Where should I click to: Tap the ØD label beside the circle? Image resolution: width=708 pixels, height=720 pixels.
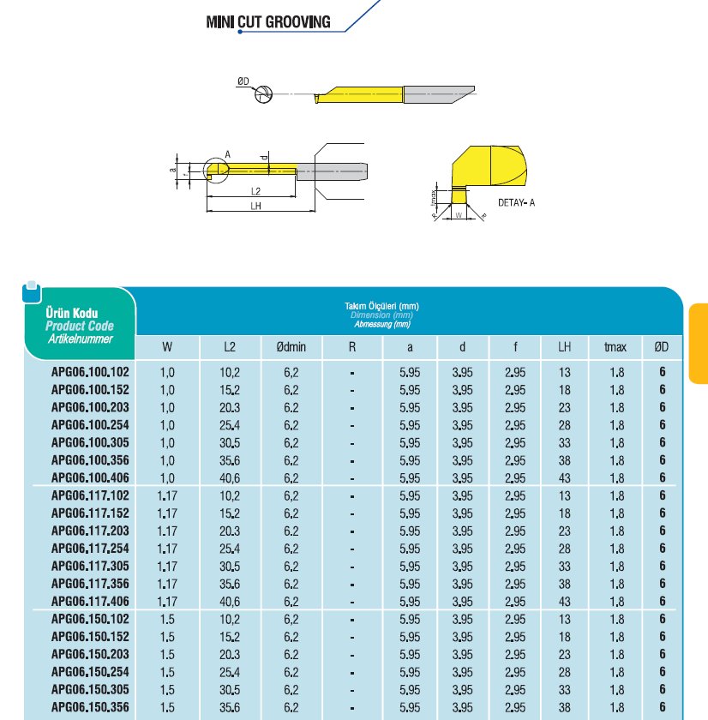click(x=243, y=81)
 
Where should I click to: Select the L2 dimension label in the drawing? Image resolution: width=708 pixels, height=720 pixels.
click(x=255, y=190)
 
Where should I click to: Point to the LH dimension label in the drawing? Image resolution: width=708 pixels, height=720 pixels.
click(x=255, y=206)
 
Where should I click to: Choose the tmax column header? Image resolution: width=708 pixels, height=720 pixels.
click(x=615, y=347)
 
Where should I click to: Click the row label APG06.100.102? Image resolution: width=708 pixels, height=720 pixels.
click(x=90, y=372)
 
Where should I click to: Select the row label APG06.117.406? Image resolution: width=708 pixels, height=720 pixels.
click(x=90, y=602)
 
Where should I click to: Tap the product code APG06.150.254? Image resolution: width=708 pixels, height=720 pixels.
click(x=90, y=672)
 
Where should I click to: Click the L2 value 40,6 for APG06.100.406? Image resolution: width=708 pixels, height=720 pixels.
click(x=230, y=478)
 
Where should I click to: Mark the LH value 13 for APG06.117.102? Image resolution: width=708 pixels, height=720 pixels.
click(x=565, y=495)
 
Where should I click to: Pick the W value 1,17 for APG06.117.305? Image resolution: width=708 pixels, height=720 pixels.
click(x=167, y=567)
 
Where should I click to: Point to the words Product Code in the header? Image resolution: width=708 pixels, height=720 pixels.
click(x=80, y=327)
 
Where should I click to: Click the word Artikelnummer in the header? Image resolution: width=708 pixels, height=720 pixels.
click(x=80, y=339)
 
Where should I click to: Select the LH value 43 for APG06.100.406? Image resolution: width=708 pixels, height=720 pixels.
click(x=565, y=478)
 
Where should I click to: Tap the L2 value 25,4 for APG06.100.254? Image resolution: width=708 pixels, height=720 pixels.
click(x=230, y=425)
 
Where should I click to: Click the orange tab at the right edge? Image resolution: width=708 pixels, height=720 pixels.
click(x=699, y=343)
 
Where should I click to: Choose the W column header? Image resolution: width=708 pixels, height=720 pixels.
click(x=167, y=347)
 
